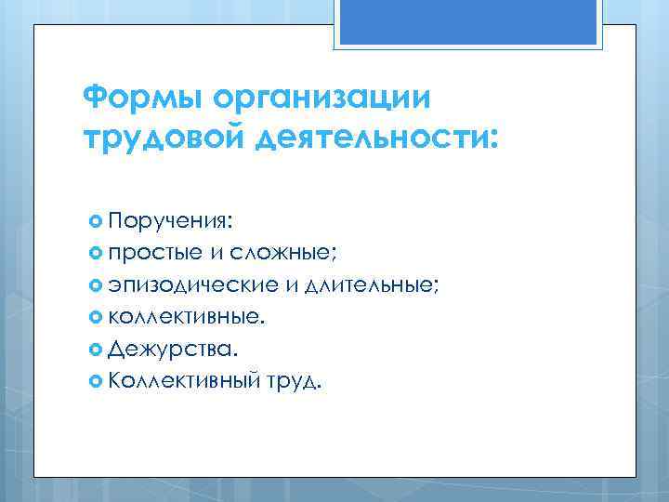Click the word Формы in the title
[143, 97]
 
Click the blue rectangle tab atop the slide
[469, 22]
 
